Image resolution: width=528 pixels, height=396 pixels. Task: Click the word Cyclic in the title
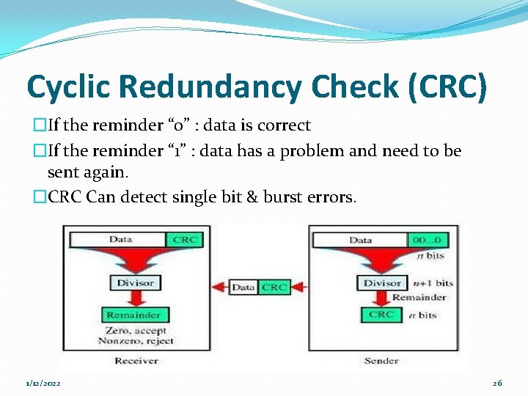68,87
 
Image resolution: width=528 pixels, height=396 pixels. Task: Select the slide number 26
497,384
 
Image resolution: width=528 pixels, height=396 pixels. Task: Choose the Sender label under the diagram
381,361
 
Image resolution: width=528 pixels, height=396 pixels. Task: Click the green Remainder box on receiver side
133,315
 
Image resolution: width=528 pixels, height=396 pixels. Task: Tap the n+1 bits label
433,282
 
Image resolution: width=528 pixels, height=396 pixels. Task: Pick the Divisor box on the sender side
382,282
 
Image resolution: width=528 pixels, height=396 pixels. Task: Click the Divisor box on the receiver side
135,282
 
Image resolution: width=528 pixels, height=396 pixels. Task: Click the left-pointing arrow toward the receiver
219,287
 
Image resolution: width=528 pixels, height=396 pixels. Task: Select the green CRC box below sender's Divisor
381,315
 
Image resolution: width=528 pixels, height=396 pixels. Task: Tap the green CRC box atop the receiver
185,240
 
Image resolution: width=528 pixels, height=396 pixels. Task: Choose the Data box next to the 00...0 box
360,240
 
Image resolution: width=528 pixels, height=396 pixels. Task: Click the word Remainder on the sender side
419,298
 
